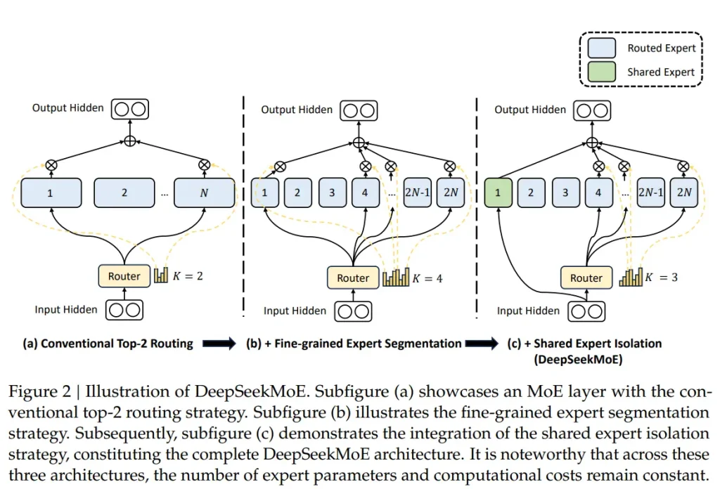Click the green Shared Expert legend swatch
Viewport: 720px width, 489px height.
tap(603, 72)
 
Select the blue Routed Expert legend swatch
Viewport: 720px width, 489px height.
tap(603, 48)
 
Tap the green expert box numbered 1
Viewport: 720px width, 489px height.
tap(498, 193)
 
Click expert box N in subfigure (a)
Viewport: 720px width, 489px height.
tap(204, 193)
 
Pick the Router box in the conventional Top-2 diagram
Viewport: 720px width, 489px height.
tap(124, 276)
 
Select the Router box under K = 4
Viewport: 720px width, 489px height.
tap(353, 278)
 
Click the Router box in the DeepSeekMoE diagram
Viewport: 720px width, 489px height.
tap(586, 278)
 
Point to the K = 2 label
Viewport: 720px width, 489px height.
tap(188, 276)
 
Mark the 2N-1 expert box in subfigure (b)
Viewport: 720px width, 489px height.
tap(416, 193)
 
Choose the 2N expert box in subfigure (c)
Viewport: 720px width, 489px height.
tap(685, 193)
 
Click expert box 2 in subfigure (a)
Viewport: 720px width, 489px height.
tap(124, 193)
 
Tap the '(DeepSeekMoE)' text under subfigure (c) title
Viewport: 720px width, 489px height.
tap(584, 358)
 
